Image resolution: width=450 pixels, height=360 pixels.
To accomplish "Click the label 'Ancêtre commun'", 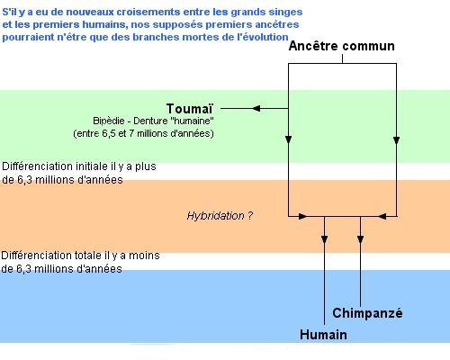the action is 342,46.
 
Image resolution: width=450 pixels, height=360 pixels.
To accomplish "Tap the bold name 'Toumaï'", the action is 190,109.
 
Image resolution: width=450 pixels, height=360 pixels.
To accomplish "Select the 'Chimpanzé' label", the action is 367,313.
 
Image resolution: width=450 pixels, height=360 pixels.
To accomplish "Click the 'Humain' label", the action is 323,335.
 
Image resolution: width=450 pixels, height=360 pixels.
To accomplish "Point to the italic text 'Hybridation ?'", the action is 220,216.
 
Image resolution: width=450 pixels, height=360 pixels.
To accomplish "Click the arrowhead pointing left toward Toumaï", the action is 256,109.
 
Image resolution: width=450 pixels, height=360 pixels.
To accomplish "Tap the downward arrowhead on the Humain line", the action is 324,239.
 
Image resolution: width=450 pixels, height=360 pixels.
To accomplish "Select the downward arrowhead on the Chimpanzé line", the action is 361,239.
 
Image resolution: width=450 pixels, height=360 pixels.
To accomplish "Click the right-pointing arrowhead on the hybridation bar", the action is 302,216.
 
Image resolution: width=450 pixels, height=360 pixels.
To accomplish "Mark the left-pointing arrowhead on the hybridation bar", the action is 382,216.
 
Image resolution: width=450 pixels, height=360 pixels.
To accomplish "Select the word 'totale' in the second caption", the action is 88,256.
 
